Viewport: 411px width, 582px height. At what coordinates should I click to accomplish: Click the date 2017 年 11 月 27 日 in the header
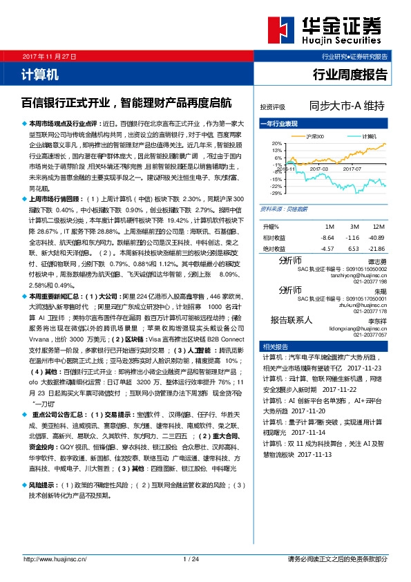coord(48,55)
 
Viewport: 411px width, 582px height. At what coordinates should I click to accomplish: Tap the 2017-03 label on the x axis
coord(318,169)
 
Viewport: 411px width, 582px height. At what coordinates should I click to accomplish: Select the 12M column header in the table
coord(377,227)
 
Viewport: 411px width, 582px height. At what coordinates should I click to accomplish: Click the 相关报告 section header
coord(279,347)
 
